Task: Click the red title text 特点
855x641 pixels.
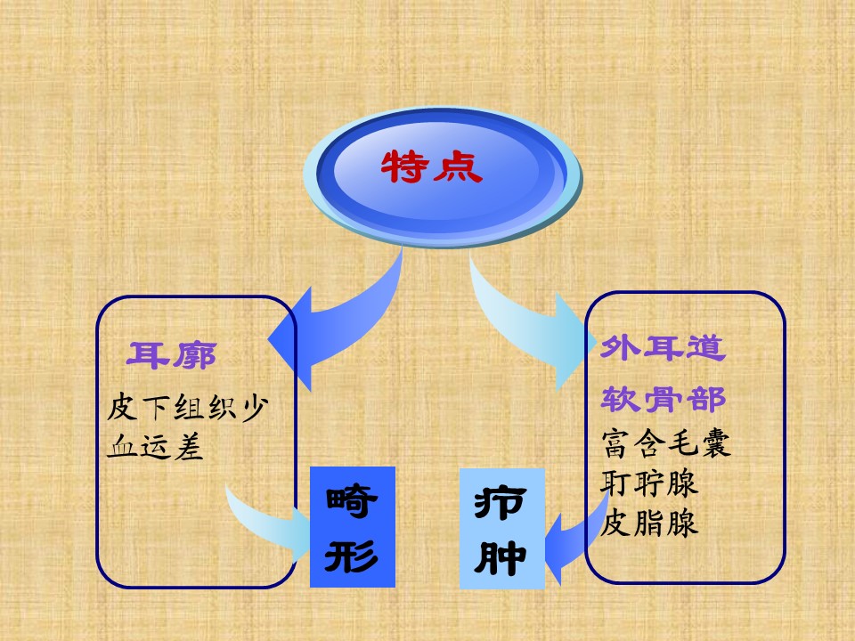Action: (x=431, y=166)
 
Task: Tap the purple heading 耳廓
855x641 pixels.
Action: (x=171, y=355)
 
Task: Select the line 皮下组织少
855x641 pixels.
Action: (x=188, y=407)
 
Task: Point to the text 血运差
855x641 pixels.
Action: (x=155, y=447)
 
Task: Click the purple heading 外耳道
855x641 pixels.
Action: (x=663, y=348)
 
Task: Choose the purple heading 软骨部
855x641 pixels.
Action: (x=663, y=400)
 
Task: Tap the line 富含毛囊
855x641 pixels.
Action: (x=666, y=442)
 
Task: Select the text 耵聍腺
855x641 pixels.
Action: (x=649, y=483)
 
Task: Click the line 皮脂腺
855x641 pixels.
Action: (x=649, y=523)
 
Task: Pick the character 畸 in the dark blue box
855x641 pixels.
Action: (x=352, y=501)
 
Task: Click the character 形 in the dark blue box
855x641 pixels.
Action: (x=352, y=556)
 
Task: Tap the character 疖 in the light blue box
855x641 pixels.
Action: (x=501, y=502)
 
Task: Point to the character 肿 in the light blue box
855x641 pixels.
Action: (x=501, y=557)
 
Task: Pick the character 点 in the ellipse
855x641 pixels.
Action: (x=459, y=166)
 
